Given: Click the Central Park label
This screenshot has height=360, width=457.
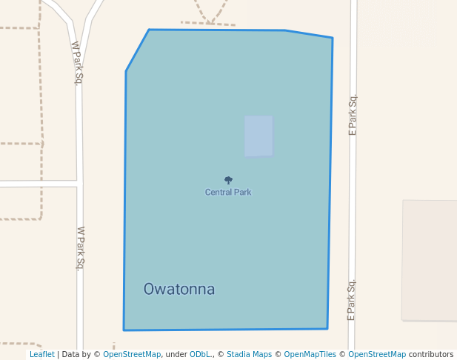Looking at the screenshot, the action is (228, 192).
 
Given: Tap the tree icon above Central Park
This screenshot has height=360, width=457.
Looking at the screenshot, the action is (228, 180).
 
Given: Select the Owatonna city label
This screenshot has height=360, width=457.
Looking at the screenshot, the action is (179, 289).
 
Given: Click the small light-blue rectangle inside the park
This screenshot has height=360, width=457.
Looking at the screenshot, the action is (258, 136).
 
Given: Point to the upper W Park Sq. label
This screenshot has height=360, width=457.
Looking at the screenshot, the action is (76, 63).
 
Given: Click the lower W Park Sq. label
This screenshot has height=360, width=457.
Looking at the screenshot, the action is (81, 248).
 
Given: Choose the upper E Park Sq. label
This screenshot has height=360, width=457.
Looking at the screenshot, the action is (353, 115).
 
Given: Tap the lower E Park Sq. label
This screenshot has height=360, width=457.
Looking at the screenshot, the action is (352, 299).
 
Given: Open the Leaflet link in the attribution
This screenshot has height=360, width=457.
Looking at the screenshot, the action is (41, 354).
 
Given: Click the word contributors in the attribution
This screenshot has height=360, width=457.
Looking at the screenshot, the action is (431, 354).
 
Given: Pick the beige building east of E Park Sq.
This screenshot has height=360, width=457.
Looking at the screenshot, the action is (430, 259).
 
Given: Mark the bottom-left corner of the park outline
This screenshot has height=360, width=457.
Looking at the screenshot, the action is (124, 330).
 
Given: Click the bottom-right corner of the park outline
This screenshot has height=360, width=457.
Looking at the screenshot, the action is (327, 328).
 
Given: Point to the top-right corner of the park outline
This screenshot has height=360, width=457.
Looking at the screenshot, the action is (333, 38).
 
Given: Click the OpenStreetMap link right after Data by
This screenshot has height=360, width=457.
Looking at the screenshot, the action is (132, 354).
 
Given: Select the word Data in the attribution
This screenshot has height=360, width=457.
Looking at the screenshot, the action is (72, 354).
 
